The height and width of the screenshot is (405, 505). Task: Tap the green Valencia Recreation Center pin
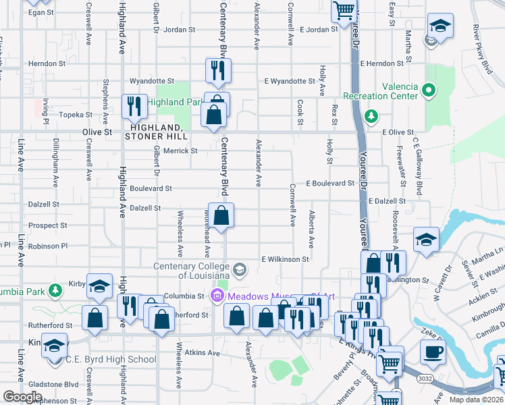[428, 89]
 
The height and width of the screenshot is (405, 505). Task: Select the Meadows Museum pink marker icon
[217, 296]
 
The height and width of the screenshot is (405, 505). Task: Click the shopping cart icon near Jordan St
[344, 9]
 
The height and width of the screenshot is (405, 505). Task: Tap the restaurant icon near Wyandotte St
[218, 70]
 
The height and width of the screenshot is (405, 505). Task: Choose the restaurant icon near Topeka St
[134, 106]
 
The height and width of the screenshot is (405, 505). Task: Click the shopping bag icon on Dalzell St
[221, 216]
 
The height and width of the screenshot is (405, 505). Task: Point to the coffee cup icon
[432, 352]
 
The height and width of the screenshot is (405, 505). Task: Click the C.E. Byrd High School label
[111, 360]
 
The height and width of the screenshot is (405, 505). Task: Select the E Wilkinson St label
[285, 259]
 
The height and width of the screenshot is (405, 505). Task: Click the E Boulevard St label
[329, 183]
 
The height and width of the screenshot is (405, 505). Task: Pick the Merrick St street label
[180, 151]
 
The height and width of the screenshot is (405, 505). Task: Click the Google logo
[22, 397]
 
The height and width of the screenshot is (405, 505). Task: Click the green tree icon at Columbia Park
[55, 292]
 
